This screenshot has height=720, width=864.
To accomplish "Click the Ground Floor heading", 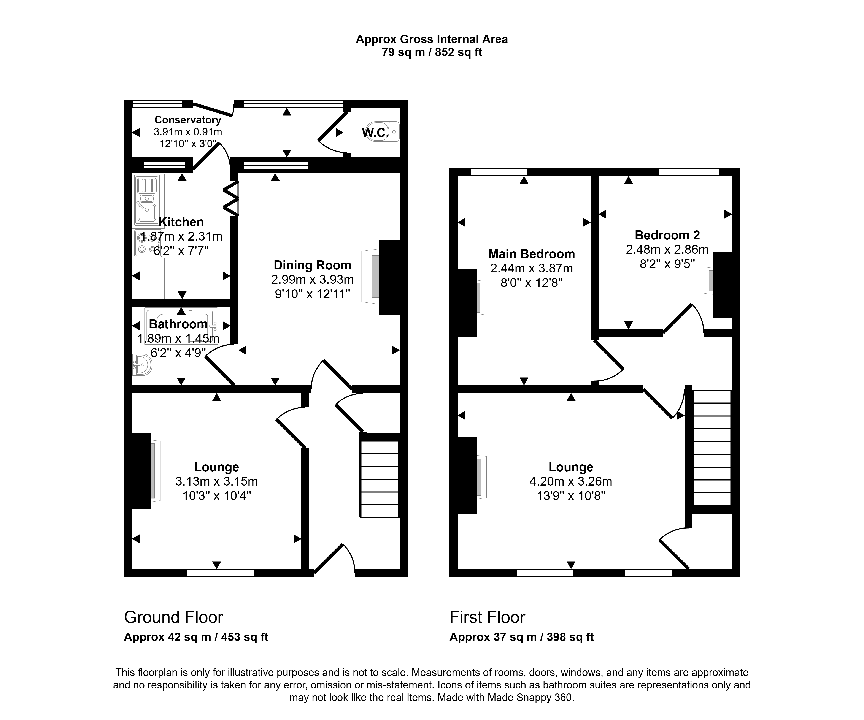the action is [x=174, y=617].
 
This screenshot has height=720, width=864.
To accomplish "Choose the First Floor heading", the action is [x=488, y=617].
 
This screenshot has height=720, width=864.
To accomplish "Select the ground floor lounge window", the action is [x=221, y=573].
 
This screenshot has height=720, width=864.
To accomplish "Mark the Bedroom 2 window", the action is [x=689, y=172].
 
